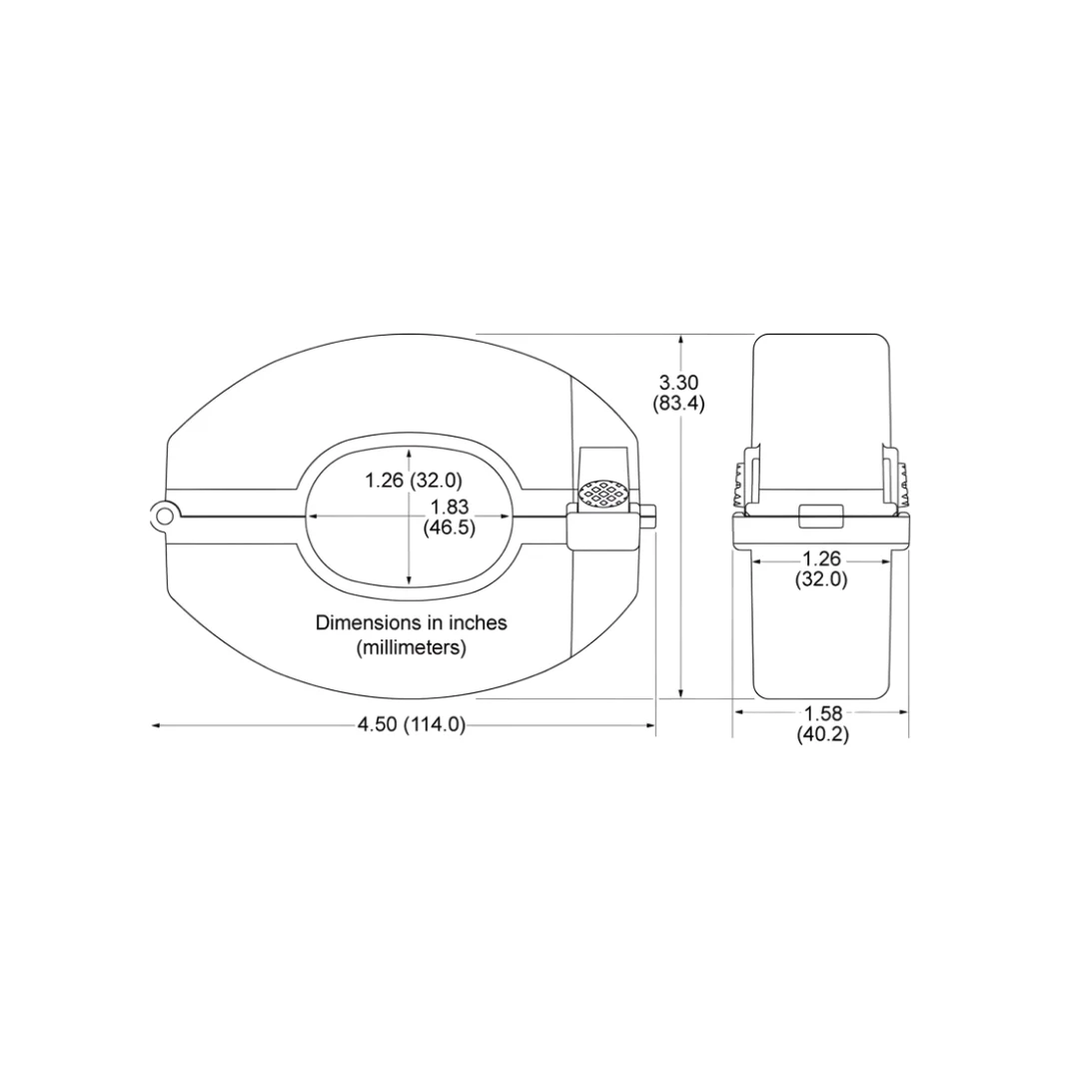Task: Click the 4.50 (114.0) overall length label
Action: click(412, 725)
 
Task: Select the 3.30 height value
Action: click(678, 382)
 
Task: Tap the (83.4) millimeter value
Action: click(678, 405)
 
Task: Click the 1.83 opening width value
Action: click(449, 507)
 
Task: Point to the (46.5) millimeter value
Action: click(449, 528)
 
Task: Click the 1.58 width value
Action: click(822, 713)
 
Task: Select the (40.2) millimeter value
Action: click(822, 734)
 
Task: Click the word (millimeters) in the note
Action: click(412, 647)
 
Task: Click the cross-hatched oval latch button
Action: click(604, 493)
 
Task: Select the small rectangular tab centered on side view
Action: click(822, 516)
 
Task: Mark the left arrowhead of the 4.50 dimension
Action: click(156, 725)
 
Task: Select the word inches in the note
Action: click(481, 623)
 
